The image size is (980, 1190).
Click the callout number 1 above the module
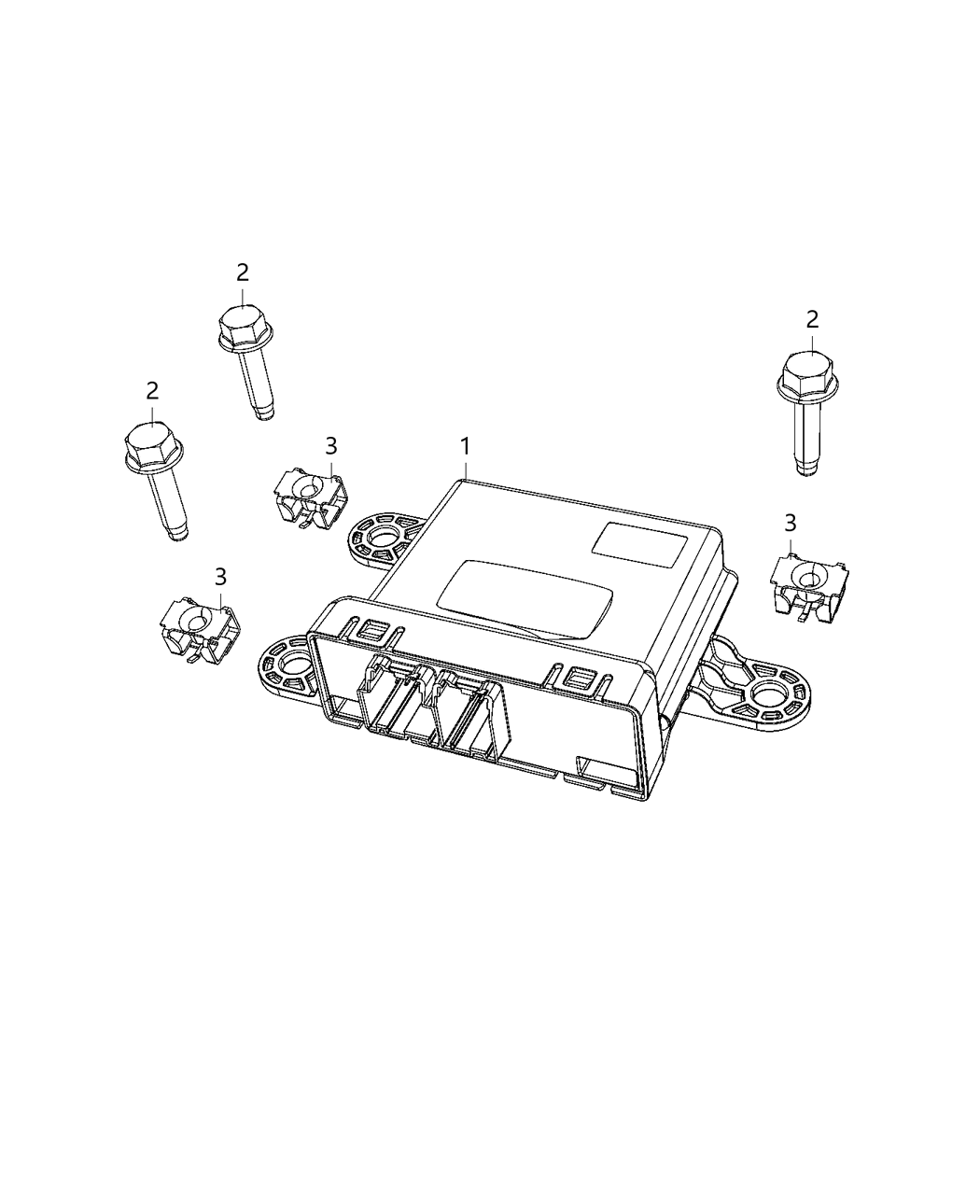coord(465,447)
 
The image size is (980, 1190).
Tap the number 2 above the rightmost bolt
coord(812,320)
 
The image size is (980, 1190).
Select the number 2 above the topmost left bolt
coord(243,273)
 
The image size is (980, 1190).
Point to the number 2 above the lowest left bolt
coord(152,390)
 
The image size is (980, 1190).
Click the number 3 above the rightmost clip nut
coord(791,522)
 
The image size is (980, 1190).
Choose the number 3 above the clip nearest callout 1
coord(331,447)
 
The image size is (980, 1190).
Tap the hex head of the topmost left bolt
coord(244,325)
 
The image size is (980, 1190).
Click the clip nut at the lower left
coord(199,628)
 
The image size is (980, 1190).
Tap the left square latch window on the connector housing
coord(371,631)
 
